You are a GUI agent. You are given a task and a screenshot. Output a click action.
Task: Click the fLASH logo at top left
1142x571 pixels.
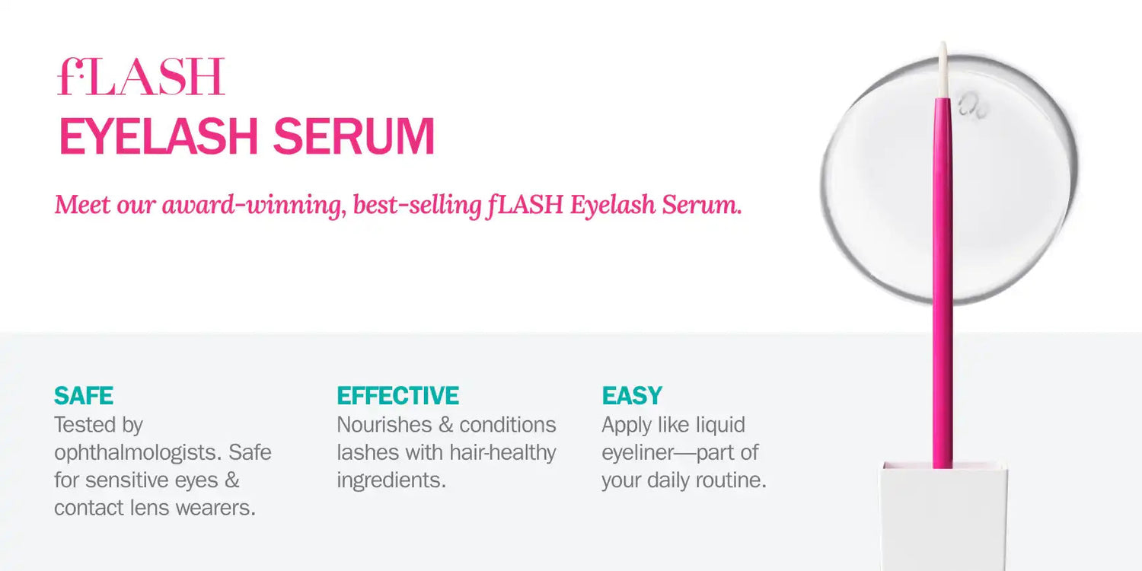[141, 77]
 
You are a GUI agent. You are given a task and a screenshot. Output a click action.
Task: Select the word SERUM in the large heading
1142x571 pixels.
[353, 137]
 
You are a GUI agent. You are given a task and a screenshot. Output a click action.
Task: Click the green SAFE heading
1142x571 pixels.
[84, 396]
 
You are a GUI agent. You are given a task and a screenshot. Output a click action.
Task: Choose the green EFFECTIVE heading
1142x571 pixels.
[397, 396]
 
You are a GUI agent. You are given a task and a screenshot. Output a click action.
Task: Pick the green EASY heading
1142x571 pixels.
[632, 396]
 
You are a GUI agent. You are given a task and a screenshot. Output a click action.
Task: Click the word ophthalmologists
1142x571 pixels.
[136, 453]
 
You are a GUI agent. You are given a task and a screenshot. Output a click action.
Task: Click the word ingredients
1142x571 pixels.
[391, 480]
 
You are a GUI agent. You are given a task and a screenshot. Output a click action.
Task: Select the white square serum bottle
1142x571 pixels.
[943, 518]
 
